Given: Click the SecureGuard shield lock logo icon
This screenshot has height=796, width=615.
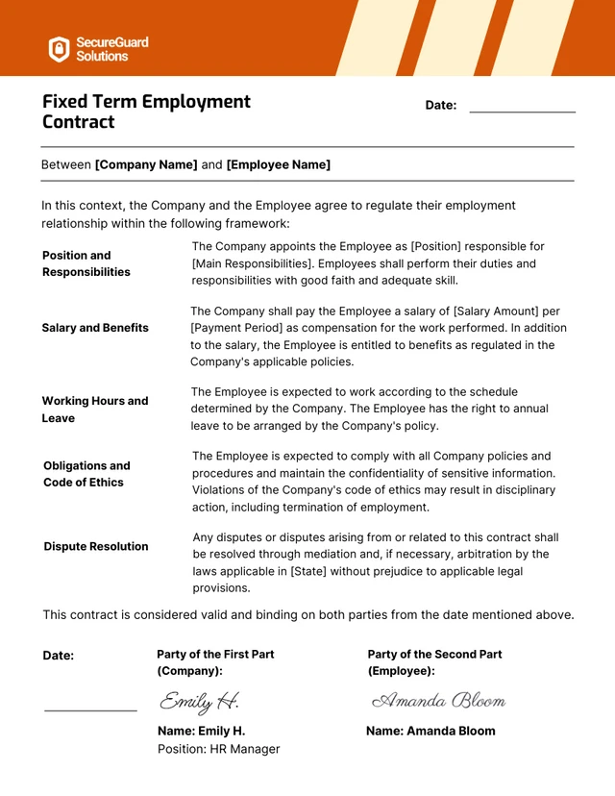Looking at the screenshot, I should pos(60,49).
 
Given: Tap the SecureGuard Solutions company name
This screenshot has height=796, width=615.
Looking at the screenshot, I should pos(112,49).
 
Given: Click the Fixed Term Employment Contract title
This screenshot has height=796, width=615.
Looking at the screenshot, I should pos(146,112).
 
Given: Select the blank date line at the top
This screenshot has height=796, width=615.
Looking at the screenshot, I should pos(522,112).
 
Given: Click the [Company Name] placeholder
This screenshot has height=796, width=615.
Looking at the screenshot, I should pos(146,164).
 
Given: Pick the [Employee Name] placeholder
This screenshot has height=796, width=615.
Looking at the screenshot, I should pos(279,164).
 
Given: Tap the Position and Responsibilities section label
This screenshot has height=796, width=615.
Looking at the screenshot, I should pos(86,263).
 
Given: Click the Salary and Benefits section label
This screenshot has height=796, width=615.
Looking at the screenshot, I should pos(95,328).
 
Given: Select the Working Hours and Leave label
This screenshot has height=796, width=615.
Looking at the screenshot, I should pos(94,410).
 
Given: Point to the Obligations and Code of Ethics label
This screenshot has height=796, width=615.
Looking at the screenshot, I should pos(86,474).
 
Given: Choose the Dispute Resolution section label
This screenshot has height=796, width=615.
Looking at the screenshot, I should pos(95,546).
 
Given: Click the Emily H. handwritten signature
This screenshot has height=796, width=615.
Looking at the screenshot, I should pos(199,701).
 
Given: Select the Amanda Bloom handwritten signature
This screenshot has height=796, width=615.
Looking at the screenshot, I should pos(438,700).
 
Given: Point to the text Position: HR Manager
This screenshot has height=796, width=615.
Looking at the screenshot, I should pos(218,749).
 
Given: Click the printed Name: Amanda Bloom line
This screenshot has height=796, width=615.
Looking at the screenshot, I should pos(430,731).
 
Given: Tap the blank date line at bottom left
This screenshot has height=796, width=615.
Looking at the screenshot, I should pos(90,709).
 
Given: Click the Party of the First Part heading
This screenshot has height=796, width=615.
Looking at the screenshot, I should pos(215,654).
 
